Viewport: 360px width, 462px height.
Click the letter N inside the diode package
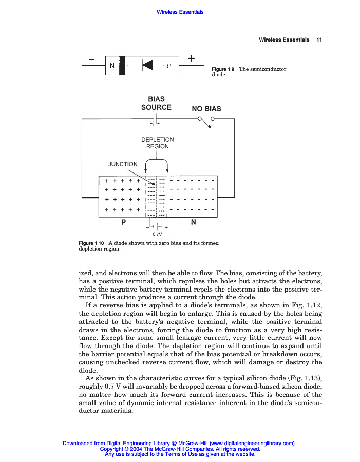(111, 65)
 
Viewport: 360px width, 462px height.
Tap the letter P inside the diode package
(168, 66)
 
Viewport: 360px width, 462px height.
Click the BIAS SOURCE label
(156, 103)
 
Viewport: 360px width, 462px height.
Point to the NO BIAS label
(206, 109)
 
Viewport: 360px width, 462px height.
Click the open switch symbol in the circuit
(206, 122)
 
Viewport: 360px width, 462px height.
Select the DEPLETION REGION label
(157, 143)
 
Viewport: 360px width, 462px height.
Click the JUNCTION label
(123, 164)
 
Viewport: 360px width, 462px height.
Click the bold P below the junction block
(123, 223)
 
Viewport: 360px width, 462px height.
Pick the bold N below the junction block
(193, 223)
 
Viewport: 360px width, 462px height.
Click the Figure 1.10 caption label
(91, 243)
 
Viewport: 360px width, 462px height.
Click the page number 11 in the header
(319, 40)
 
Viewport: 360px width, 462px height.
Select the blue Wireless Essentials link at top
(180, 12)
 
